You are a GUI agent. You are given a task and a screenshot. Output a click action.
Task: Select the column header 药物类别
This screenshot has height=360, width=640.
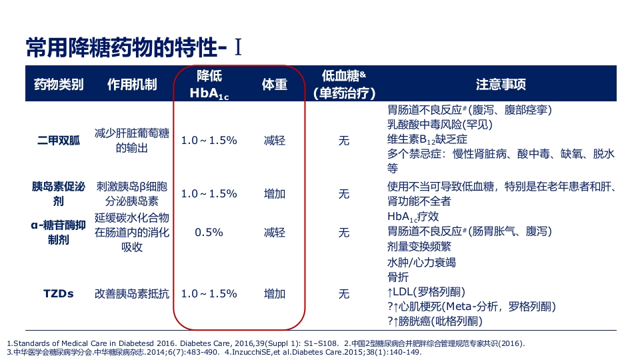coord(59,85)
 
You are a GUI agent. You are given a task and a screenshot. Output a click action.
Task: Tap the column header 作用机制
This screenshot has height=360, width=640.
coord(132,85)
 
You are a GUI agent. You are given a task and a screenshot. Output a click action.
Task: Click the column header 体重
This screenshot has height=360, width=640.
coord(274,85)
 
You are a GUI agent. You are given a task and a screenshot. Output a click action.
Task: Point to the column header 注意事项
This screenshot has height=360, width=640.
coord(501,85)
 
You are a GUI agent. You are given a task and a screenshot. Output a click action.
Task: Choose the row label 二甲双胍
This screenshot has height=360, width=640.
coord(59,141)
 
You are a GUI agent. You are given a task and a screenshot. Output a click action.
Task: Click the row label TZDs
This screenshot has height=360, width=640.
coord(59,293)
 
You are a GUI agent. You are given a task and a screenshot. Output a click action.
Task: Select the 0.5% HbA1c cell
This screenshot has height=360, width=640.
coord(209,233)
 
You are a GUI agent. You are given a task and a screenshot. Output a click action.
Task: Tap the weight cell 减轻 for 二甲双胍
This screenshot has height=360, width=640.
coord(274,141)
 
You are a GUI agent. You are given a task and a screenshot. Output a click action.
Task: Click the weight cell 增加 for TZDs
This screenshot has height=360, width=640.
coord(274,293)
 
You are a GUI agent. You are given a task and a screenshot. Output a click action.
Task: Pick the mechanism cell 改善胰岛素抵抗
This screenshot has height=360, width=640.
coord(132,293)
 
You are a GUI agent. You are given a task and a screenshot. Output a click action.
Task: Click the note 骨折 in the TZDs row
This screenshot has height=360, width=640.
coord(398,277)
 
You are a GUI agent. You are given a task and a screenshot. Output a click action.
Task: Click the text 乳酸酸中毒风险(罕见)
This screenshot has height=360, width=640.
coord(439,124)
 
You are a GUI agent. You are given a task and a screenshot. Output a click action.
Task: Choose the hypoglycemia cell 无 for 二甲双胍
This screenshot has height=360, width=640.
coord(343,141)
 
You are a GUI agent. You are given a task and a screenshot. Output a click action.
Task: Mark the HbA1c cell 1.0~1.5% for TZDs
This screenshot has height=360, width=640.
coord(209,293)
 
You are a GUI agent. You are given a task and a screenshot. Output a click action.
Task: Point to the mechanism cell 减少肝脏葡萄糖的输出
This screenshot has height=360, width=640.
coord(132,141)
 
